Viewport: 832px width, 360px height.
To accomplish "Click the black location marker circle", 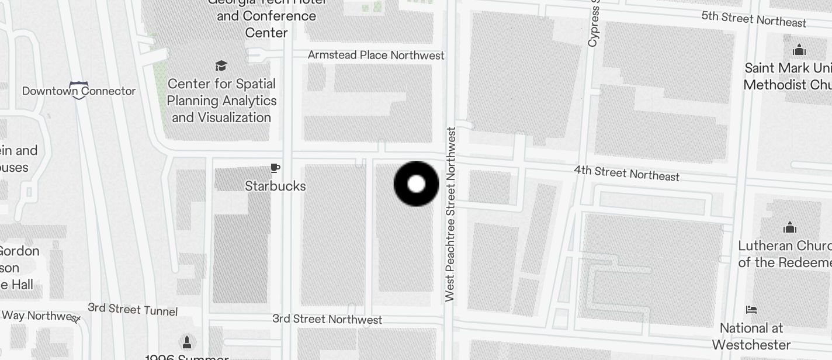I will [416, 184].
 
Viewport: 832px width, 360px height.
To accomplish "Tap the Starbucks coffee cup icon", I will [275, 169].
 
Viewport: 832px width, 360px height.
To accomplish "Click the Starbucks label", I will [275, 186].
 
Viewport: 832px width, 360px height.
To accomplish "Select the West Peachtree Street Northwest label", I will [450, 214].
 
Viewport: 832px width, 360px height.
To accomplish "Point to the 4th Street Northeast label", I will [626, 173].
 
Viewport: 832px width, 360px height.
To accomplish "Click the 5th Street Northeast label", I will [754, 19].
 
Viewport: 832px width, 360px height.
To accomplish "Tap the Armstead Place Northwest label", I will [376, 55].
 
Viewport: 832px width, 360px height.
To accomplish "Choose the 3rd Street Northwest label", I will [327, 319].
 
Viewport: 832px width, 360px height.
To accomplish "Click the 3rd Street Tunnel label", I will [133, 309].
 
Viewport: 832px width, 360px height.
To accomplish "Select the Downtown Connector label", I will [79, 91].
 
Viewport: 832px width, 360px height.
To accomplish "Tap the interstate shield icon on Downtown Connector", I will [79, 89].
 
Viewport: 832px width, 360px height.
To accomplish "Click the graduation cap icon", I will [221, 65].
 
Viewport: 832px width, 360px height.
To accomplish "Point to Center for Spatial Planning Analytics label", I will [222, 101].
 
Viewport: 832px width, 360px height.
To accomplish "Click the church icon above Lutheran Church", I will [790, 227].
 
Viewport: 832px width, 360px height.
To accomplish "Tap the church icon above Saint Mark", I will [799, 50].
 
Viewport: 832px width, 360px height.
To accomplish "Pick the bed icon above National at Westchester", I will [751, 309].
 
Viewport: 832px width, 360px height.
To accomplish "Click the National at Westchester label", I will [751, 336].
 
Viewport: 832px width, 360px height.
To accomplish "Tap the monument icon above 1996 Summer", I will [187, 341].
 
